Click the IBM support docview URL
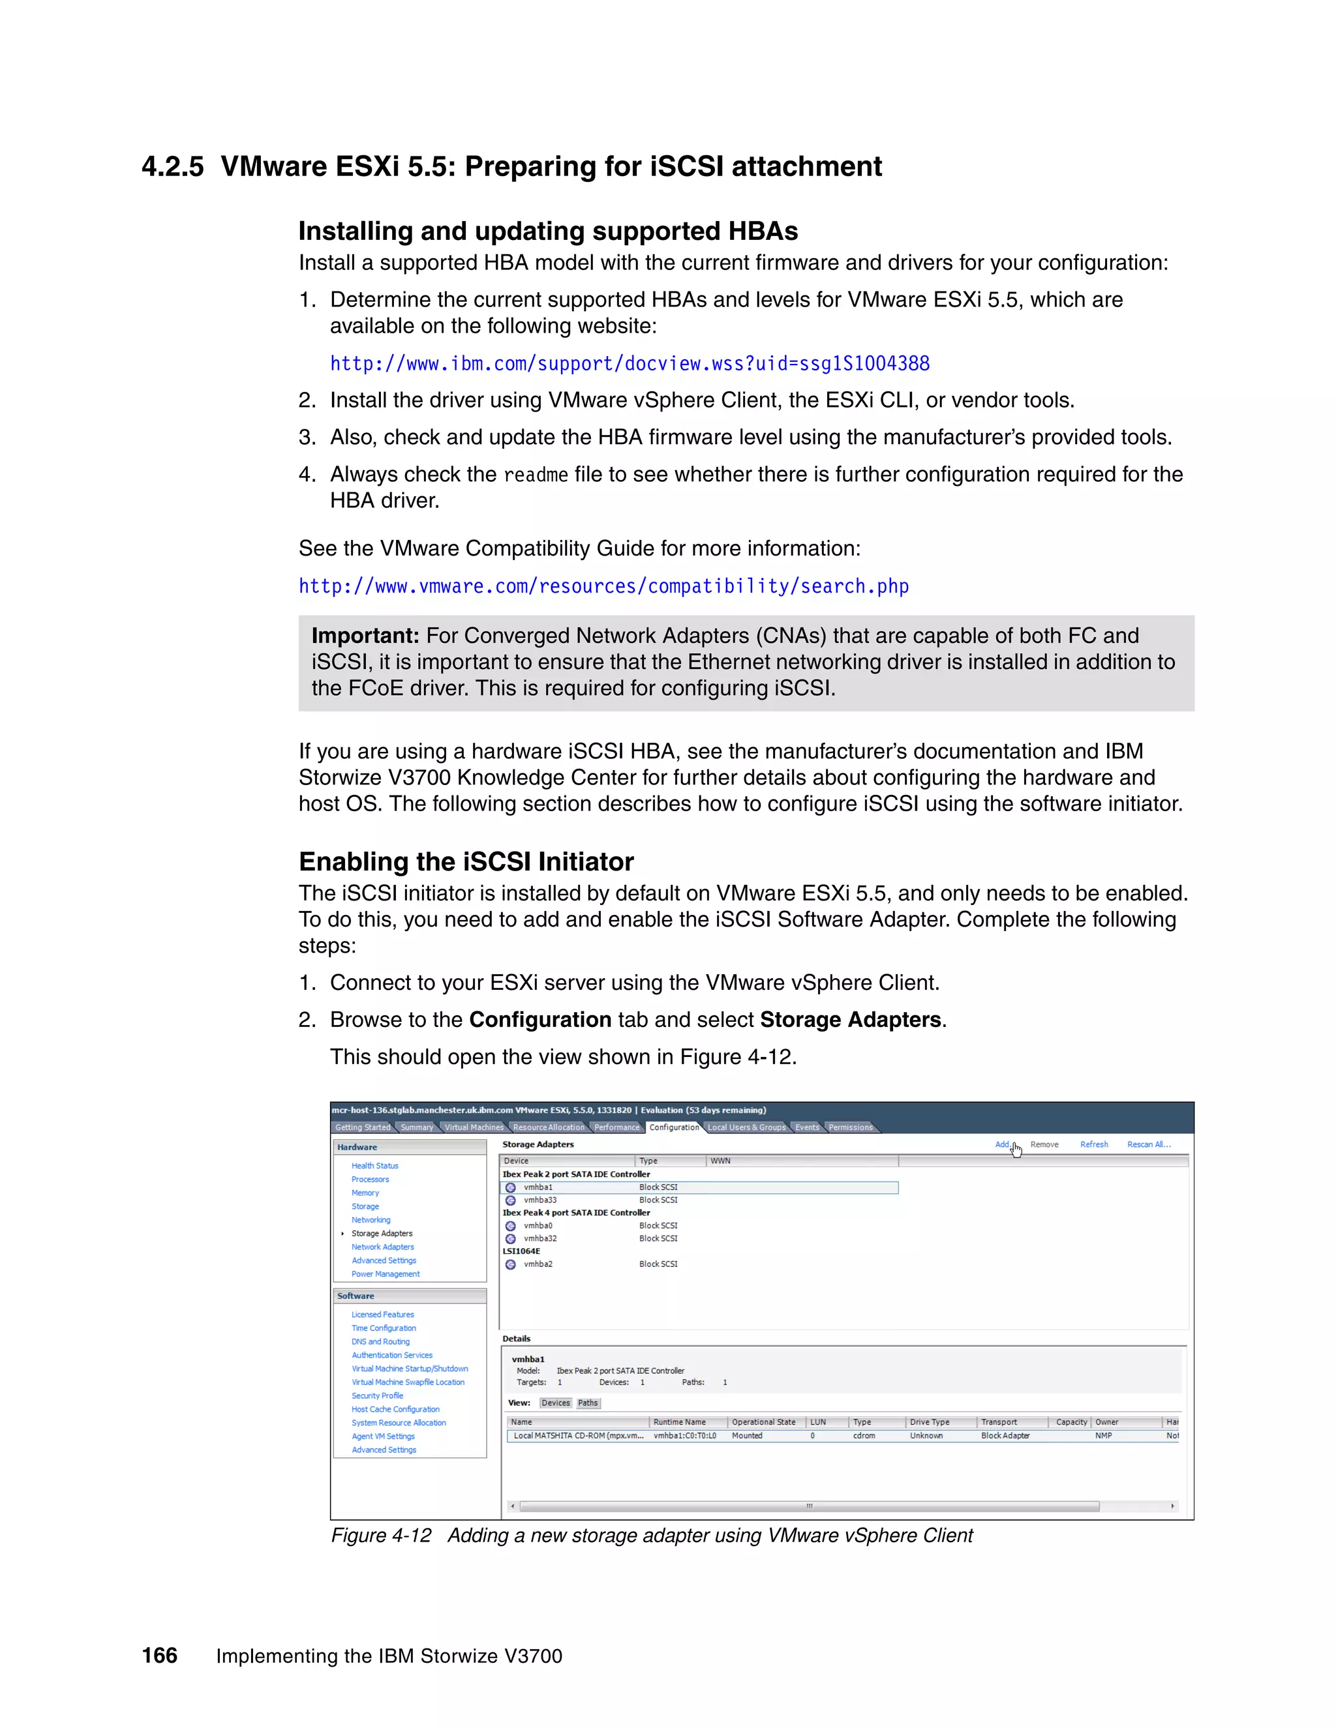tap(630, 364)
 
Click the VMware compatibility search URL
tap(603, 586)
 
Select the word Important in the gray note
tap(365, 636)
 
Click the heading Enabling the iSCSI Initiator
tap(466, 861)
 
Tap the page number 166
tap(159, 1655)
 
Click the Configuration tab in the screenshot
tap(673, 1127)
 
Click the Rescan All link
tap(1147, 1145)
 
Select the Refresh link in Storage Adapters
tap(1094, 1145)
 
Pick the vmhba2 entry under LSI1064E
tap(538, 1264)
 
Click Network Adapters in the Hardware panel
tap(382, 1247)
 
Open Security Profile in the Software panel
tap(377, 1395)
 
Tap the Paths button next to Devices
tap(587, 1403)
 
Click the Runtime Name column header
tap(679, 1422)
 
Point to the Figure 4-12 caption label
tap(381, 1536)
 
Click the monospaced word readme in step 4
tap(536, 475)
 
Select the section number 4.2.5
tap(172, 167)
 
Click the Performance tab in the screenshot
tap(616, 1127)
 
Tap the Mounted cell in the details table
tap(746, 1435)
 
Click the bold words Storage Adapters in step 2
tap(850, 1020)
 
